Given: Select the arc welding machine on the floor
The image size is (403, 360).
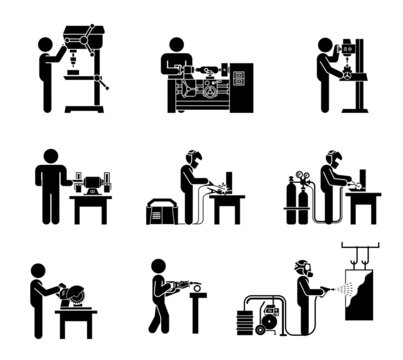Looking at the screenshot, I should coord(161,211).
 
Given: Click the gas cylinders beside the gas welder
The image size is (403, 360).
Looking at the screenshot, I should coord(296,203).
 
